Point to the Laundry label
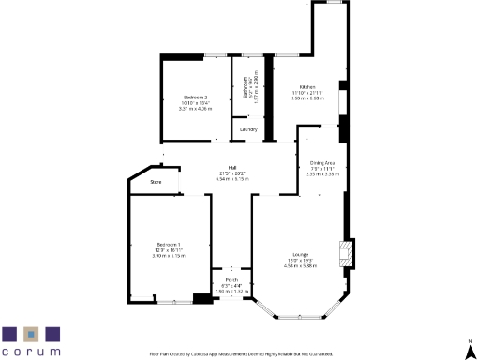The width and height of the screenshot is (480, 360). coord(248,129)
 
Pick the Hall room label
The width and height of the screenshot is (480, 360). coord(218,167)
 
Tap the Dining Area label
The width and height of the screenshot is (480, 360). coord(322,162)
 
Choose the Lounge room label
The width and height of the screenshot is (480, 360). coord(300,255)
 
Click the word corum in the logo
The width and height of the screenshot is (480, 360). coord(31,351)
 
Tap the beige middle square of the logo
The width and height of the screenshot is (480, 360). coord(32,333)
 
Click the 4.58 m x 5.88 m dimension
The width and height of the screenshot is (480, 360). coord(300,266)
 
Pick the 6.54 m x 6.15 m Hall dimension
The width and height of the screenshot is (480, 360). coord(218,178)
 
